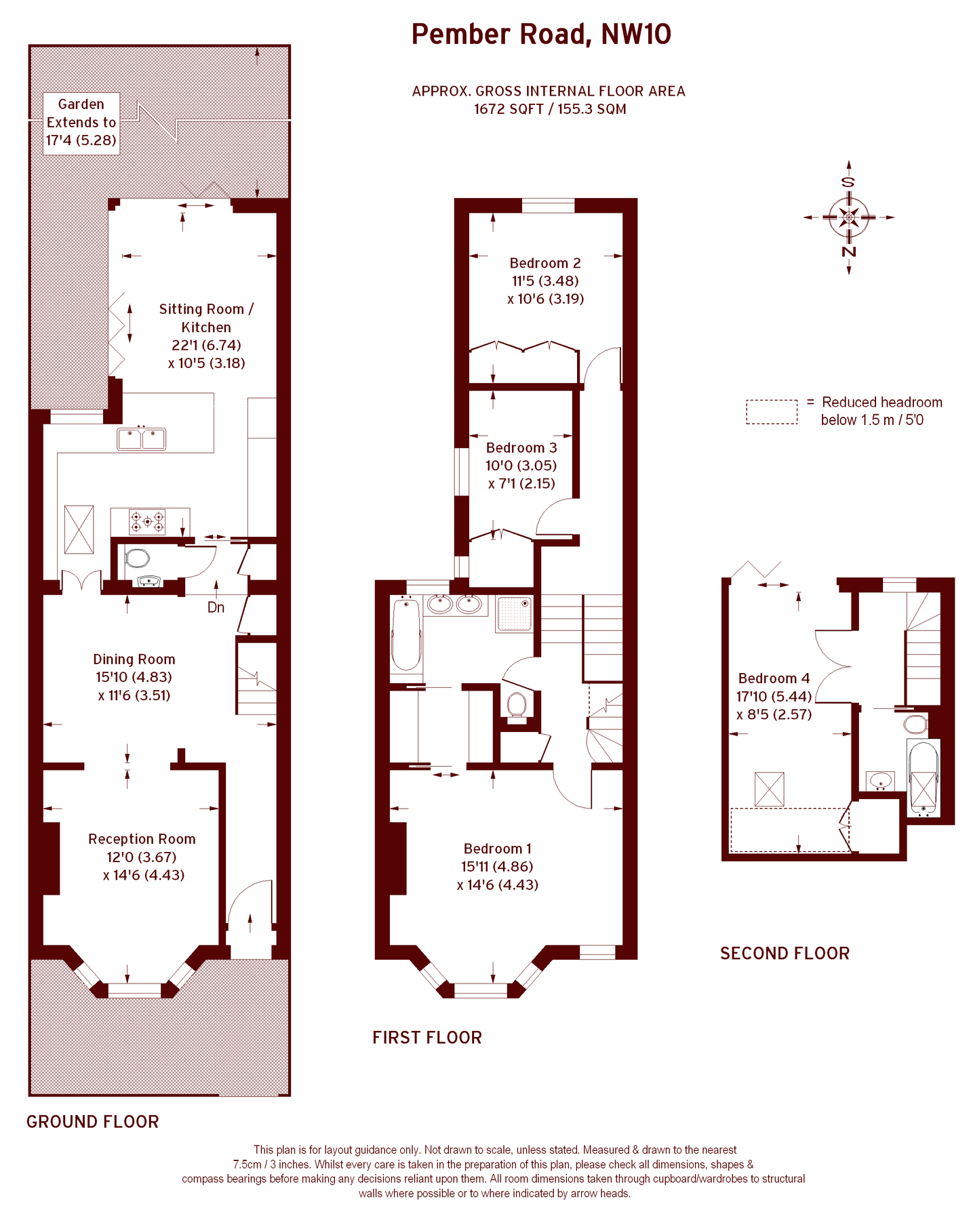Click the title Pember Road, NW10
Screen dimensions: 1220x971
tap(541, 34)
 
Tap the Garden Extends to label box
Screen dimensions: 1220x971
tap(81, 123)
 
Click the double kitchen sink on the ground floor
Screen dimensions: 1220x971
tap(142, 439)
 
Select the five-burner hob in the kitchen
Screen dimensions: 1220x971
tap(147, 521)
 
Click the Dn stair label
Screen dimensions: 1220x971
tap(216, 607)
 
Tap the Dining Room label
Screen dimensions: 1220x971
tap(134, 659)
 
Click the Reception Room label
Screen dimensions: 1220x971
tap(142, 839)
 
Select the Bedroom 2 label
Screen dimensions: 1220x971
tap(545, 263)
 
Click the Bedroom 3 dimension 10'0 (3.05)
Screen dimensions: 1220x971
tap(521, 466)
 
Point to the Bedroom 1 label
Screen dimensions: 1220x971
tap(498, 849)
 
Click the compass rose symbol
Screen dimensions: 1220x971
tap(848, 218)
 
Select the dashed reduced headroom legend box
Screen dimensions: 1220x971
tap(772, 411)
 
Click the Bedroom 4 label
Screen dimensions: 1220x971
tap(774, 678)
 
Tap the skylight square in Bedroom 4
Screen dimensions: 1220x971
tap(769, 789)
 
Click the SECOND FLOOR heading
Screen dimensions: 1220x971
tap(785, 954)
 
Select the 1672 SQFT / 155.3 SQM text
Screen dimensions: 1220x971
tap(549, 109)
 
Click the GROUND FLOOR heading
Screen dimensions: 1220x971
tap(93, 1122)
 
